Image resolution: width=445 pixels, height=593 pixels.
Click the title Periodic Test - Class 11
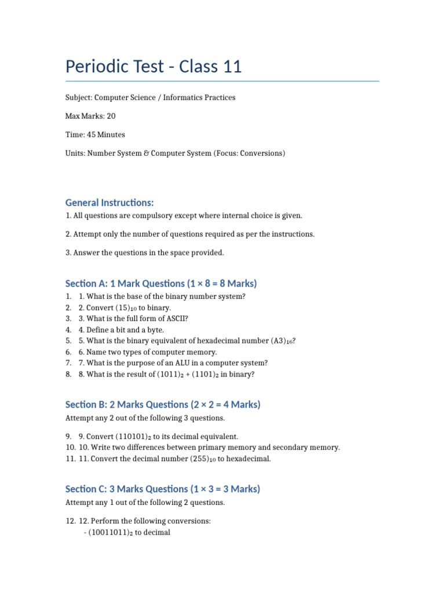154,67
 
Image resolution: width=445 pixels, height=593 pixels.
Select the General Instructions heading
110,203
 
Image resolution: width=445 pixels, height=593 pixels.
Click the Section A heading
161,284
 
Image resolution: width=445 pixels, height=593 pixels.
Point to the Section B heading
163,405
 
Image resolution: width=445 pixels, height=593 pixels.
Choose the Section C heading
163,489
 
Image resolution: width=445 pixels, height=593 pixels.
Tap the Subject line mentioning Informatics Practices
150,98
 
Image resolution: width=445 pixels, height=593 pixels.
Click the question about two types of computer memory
148,352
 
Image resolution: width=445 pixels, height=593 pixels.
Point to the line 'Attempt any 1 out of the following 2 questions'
145,503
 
